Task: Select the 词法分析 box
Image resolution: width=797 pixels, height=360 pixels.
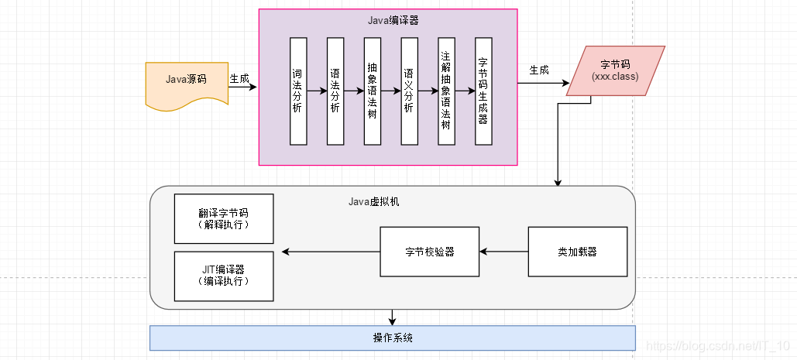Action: coord(298,91)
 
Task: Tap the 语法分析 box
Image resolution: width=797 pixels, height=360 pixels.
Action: coord(335,91)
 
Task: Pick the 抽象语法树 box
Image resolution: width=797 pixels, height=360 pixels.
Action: coord(373,91)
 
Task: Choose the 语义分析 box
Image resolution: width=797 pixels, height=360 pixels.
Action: coord(410,91)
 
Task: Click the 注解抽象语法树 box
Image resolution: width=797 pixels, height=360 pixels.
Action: coord(446,91)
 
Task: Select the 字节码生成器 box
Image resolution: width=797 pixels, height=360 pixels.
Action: coord(483,91)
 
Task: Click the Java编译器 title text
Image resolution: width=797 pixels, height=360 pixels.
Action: coord(393,21)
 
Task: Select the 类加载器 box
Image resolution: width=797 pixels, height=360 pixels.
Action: coord(577,252)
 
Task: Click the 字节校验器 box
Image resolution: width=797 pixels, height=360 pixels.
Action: coord(429,252)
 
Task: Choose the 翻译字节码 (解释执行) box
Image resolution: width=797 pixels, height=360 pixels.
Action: coord(224,218)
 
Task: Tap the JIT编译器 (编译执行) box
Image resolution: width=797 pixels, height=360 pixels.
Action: coord(224,276)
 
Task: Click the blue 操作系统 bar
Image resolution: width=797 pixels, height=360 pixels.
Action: coord(392,338)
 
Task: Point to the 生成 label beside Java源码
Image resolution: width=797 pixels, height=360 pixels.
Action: coord(239,78)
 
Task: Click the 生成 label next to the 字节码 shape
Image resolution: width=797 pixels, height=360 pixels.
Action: coord(539,70)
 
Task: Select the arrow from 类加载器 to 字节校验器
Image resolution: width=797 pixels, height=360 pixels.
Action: coord(503,252)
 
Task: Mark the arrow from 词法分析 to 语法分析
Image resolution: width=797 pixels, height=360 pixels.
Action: coord(317,91)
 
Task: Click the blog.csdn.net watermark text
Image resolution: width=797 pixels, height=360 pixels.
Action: coord(717,345)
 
